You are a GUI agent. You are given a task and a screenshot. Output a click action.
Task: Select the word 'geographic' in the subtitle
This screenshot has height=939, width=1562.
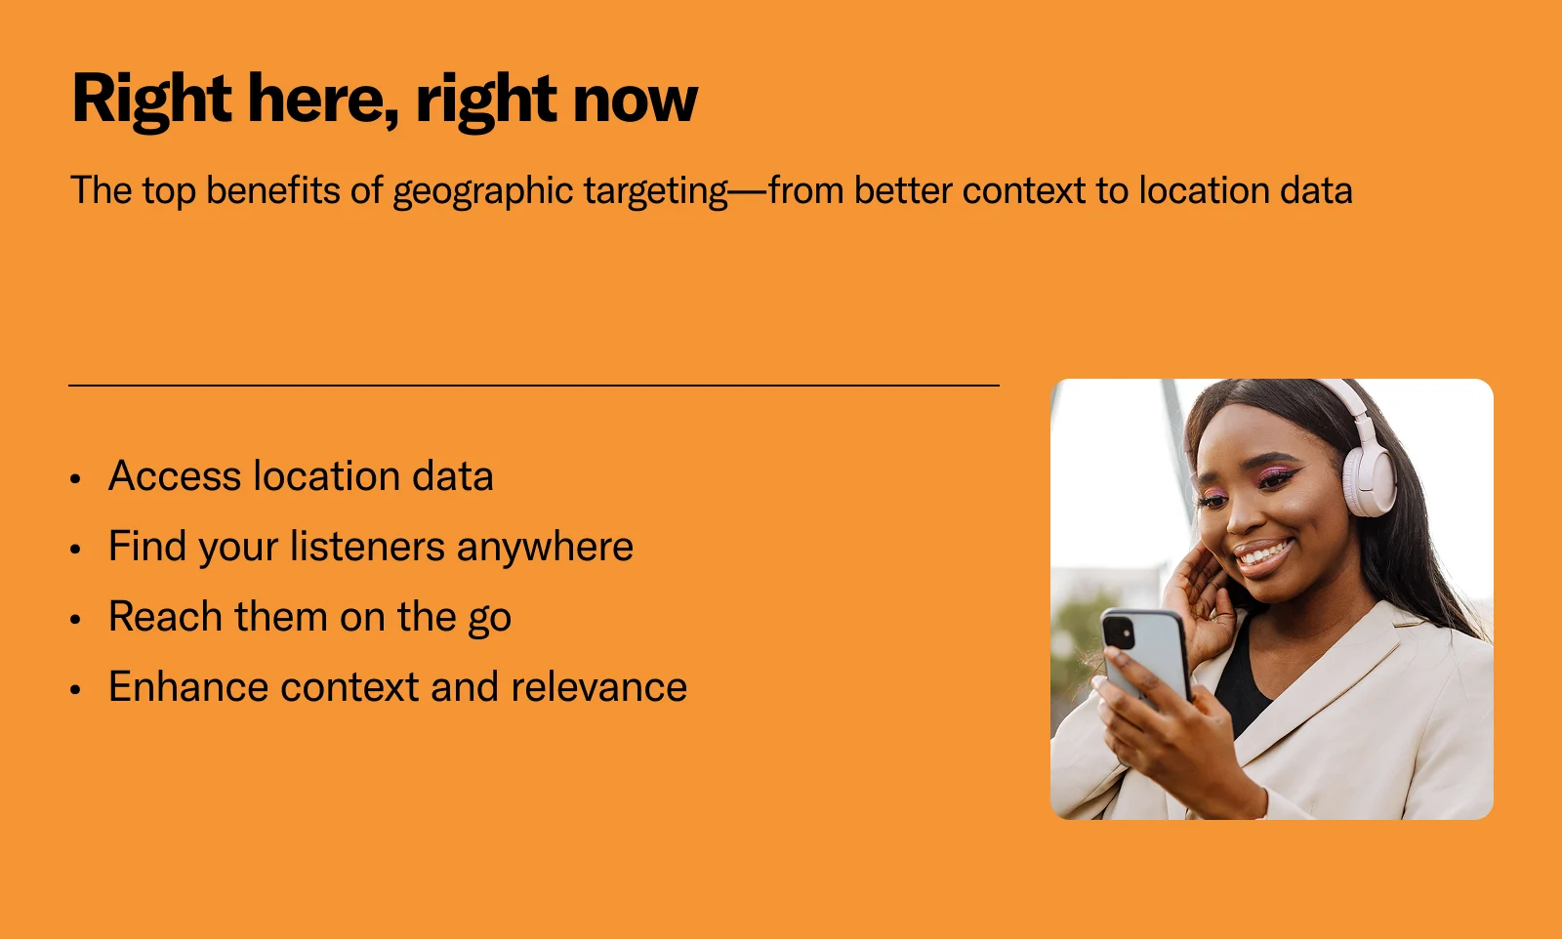(482, 191)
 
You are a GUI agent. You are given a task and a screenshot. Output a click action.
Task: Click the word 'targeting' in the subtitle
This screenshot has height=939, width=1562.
(656, 191)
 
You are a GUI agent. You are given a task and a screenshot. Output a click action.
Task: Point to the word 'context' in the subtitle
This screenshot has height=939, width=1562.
(1024, 190)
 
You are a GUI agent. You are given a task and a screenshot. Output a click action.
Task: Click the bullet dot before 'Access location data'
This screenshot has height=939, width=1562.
(76, 479)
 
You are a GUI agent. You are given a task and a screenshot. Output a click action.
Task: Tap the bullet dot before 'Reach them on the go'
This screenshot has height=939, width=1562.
(76, 619)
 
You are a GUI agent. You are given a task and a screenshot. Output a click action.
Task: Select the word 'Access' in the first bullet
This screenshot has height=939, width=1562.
(175, 476)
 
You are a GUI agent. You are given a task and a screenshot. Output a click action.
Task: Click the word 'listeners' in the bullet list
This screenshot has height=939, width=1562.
(367, 546)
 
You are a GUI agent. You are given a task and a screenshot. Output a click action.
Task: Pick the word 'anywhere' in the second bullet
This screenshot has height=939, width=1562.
(546, 548)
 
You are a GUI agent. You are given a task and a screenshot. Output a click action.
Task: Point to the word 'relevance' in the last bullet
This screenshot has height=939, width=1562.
(599, 686)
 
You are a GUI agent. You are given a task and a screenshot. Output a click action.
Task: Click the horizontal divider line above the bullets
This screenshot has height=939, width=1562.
(534, 385)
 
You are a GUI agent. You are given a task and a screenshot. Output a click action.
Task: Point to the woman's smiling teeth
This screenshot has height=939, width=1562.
(1263, 555)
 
